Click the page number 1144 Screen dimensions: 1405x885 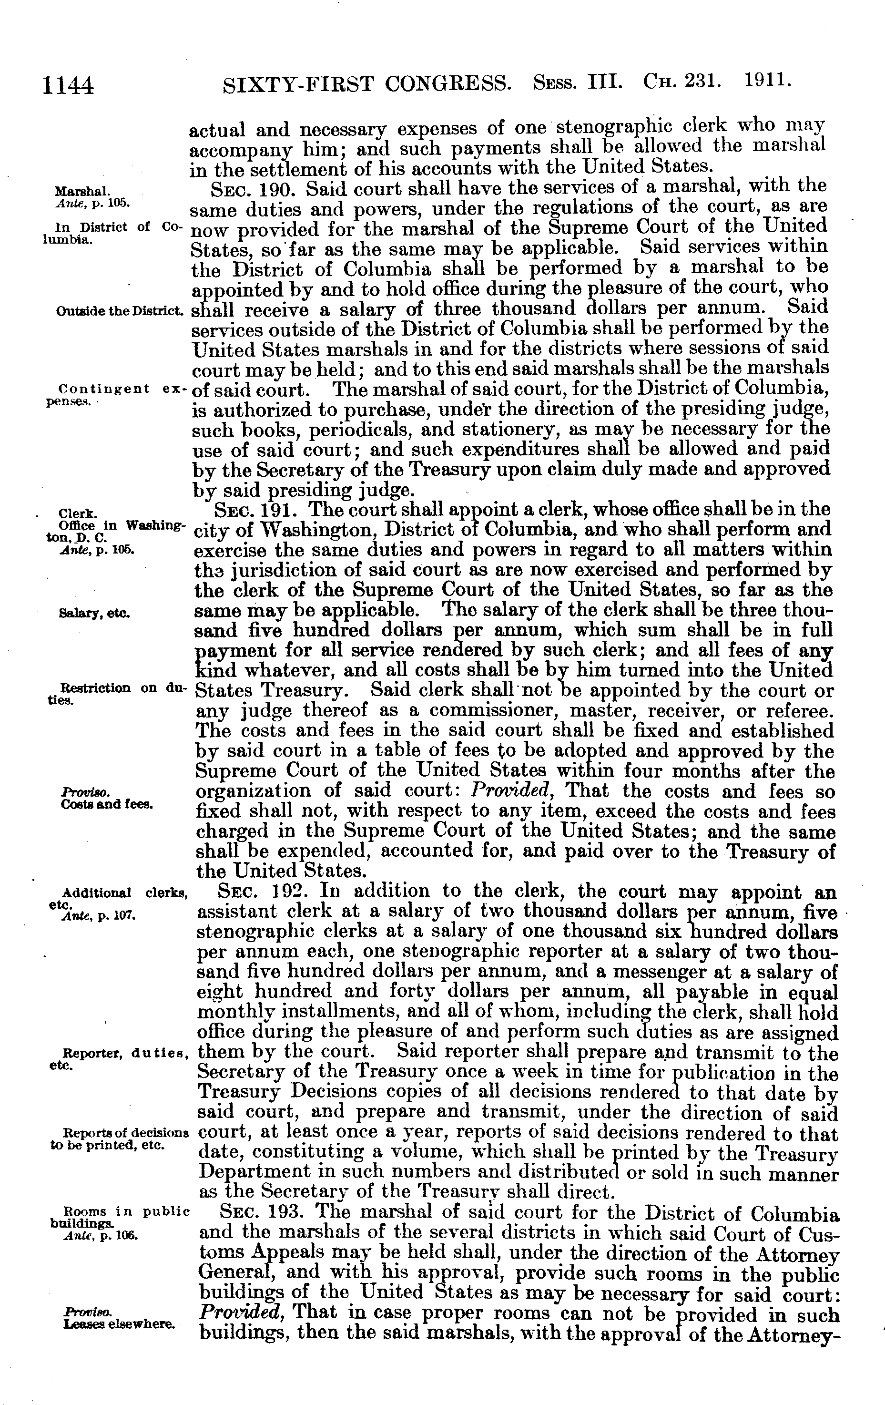tap(68, 85)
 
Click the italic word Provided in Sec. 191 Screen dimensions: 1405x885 tap(511, 792)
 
